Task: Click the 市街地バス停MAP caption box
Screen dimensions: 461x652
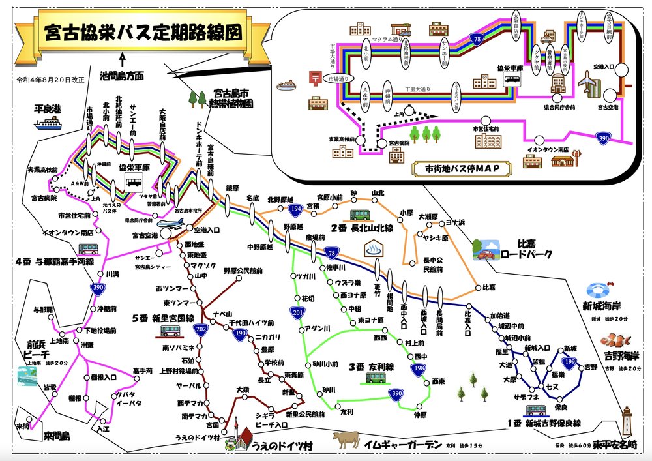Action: [461, 168]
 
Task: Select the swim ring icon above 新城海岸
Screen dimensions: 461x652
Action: [598, 291]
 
